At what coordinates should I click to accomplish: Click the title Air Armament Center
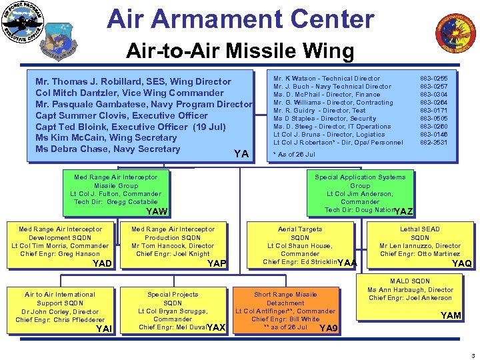pyautogui.click(x=241, y=19)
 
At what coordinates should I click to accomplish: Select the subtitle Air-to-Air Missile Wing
pyautogui.click(x=241, y=51)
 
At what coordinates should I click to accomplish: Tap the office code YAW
pyautogui.click(x=157, y=211)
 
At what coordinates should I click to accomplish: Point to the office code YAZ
pyautogui.click(x=404, y=212)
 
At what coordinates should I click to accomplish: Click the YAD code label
pyautogui.click(x=103, y=263)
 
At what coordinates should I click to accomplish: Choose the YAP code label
pyautogui.click(x=217, y=264)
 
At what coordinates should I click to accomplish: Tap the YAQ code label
pyautogui.click(x=461, y=263)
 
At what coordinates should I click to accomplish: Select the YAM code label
pyautogui.click(x=451, y=315)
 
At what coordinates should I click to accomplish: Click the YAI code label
pyautogui.click(x=104, y=328)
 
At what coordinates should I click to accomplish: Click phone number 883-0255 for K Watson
pyautogui.click(x=434, y=79)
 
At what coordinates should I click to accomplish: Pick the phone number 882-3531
pyautogui.click(x=434, y=143)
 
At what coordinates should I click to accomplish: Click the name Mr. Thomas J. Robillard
pyautogui.click(x=133, y=81)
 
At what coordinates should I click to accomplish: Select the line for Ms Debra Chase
pyautogui.click(x=108, y=149)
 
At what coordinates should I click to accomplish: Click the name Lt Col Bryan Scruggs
pyautogui.click(x=173, y=311)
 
